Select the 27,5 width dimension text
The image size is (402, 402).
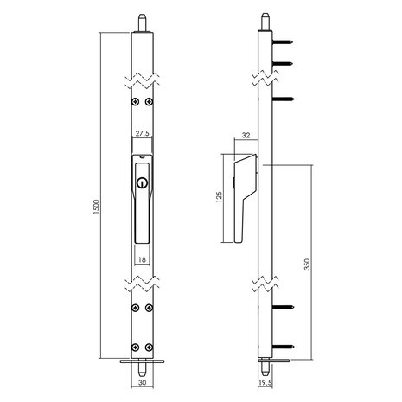pyautogui.click(x=142, y=134)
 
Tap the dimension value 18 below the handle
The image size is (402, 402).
pyautogui.click(x=141, y=258)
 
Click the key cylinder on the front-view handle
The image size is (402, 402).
pyautogui.click(x=141, y=182)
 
